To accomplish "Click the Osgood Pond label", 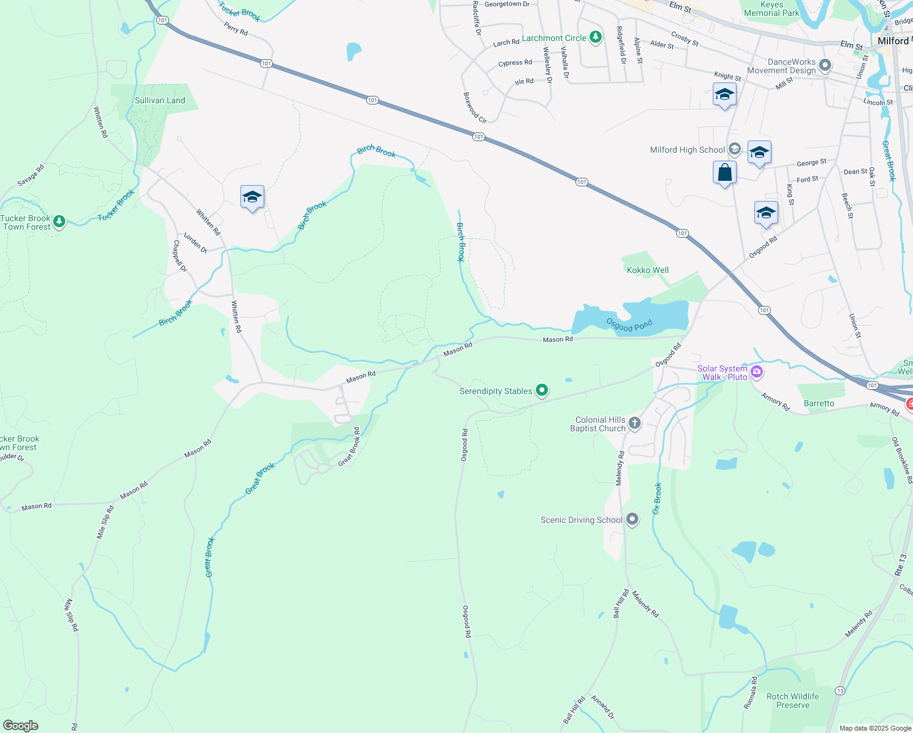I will pyautogui.click(x=629, y=324).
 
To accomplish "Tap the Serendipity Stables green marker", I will pyautogui.click(x=542, y=390).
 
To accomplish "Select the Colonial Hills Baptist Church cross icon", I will pyautogui.click(x=635, y=423).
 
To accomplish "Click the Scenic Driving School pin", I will pyautogui.click(x=632, y=520).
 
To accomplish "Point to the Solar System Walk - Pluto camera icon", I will pyautogui.click(x=757, y=371).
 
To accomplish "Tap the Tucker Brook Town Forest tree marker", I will pyautogui.click(x=59, y=221).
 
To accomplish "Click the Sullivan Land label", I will pyautogui.click(x=160, y=100).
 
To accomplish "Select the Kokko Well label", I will pyautogui.click(x=648, y=270).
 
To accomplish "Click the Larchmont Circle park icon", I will pyautogui.click(x=596, y=38).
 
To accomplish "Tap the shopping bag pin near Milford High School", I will pyautogui.click(x=724, y=173).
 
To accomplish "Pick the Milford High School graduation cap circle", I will pyautogui.click(x=735, y=149).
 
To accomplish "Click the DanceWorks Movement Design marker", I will pyautogui.click(x=825, y=65).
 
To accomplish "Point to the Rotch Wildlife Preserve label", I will pyautogui.click(x=793, y=701).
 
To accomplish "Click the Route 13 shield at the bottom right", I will pyautogui.click(x=840, y=690).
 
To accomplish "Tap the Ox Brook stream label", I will pyautogui.click(x=657, y=498).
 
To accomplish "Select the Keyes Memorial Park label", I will pyautogui.click(x=771, y=9).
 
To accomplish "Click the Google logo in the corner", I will pyautogui.click(x=21, y=726).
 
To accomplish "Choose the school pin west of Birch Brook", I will pyautogui.click(x=252, y=197).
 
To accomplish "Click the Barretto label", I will pyautogui.click(x=819, y=403).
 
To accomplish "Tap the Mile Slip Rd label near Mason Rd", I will pyautogui.click(x=105, y=522).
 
